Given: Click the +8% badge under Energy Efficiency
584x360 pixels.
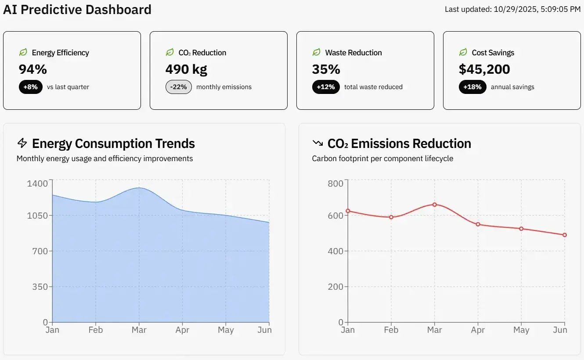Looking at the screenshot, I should click(30, 87).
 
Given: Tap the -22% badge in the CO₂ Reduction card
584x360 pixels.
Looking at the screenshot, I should click(178, 87).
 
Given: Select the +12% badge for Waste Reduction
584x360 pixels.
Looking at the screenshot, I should click(325, 87).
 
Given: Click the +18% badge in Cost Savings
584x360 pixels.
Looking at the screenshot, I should click(472, 87).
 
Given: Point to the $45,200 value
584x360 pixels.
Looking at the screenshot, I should click(484, 69).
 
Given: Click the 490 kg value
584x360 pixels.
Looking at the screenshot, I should click(186, 69).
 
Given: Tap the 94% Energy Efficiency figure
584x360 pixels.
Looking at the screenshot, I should click(32, 69).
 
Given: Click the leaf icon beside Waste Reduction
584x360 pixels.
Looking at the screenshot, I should click(316, 52).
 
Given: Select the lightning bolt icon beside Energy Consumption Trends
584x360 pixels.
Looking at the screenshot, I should click(22, 143).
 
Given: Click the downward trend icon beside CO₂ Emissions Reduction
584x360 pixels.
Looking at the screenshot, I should click(317, 143).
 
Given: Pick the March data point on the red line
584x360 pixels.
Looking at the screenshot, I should click(435, 204).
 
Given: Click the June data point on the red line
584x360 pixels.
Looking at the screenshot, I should click(565, 235).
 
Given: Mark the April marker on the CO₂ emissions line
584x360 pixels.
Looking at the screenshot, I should click(478, 224).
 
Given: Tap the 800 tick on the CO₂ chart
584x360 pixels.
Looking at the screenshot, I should click(335, 183).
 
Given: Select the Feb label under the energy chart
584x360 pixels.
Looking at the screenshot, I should click(95, 330).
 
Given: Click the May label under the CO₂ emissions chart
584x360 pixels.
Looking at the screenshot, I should click(521, 330).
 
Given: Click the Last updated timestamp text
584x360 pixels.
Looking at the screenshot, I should click(512, 9).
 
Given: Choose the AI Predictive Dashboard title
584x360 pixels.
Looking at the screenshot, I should click(77, 9).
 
